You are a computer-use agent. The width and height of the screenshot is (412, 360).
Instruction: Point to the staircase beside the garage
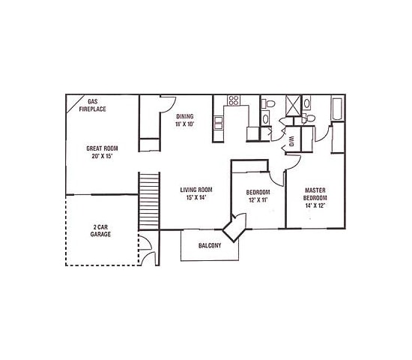click(x=149, y=200)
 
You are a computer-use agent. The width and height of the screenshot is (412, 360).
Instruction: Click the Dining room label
click(x=185, y=116)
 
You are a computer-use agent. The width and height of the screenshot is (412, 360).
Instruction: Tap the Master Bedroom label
click(x=315, y=197)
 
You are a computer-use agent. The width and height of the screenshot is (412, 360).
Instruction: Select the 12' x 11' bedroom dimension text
click(x=258, y=200)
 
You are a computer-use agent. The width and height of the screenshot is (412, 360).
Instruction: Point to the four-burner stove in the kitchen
click(x=233, y=100)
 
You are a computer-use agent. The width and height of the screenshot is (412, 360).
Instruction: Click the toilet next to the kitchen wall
click(x=269, y=103)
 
